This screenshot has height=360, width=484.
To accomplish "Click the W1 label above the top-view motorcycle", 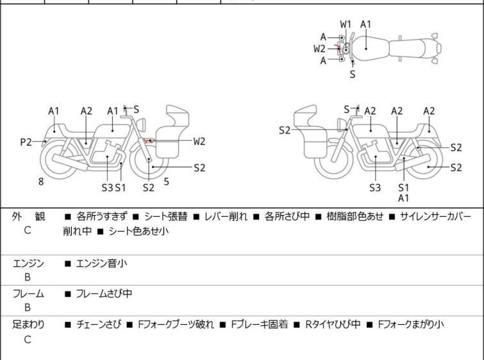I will pos(346,24).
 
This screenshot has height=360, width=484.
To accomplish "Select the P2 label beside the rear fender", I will pos(26,142).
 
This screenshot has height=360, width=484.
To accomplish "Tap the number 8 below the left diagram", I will pos(41,182).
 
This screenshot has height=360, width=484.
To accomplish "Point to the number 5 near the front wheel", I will pos(166,182).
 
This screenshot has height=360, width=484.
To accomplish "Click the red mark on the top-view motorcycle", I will pos(339,48).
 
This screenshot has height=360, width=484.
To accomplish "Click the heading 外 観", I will pos(28,217).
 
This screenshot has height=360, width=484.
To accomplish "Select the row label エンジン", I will pos(28,262).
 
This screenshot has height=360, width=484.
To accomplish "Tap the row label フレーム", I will pos(28,294).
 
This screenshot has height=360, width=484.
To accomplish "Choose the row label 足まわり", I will pos(28,325).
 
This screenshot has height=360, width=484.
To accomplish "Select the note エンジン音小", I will pos(101,262).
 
